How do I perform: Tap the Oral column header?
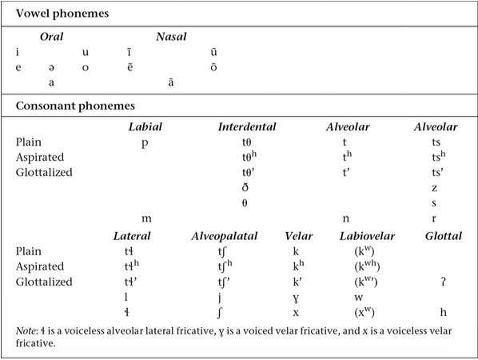(x=52, y=38)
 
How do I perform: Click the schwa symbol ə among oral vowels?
(x=51, y=67)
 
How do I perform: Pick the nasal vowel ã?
(x=170, y=82)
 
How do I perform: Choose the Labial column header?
(x=145, y=127)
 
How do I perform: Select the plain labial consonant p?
(x=145, y=142)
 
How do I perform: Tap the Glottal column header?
(x=444, y=236)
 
